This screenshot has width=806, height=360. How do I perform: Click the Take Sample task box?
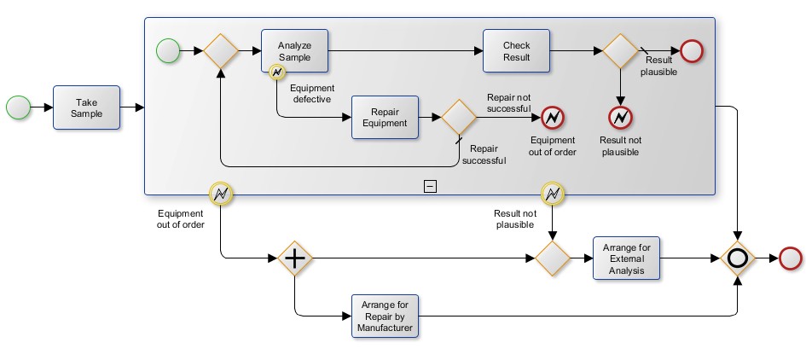[x=86, y=107]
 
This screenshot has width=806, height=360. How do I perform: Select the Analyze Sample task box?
[x=294, y=50]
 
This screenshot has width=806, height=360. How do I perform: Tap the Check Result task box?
[x=516, y=50]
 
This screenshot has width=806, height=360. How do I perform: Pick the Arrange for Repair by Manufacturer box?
[x=385, y=316]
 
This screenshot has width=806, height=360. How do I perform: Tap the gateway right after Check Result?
[x=621, y=50]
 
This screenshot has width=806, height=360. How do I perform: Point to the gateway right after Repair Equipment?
[x=457, y=116]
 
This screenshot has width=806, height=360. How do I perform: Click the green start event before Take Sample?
[x=18, y=107]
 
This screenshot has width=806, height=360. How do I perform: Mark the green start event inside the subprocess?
[x=168, y=51]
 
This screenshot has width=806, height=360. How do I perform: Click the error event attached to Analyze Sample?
[x=277, y=73]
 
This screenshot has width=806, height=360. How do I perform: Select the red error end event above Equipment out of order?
[x=553, y=116]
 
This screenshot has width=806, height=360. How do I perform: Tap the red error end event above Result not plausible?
[x=620, y=116]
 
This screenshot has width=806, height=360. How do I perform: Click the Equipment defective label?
[x=312, y=93]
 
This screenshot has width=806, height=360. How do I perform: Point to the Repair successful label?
[x=484, y=154]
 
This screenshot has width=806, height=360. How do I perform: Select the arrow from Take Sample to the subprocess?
[x=132, y=107]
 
